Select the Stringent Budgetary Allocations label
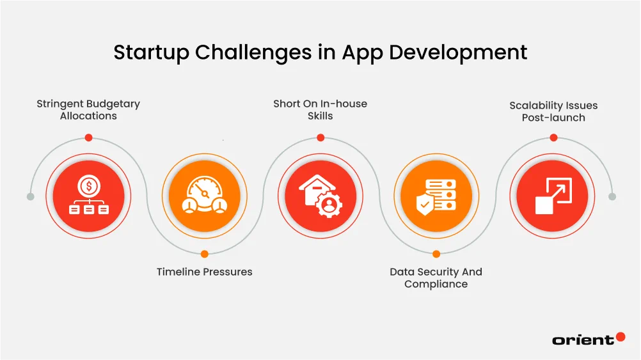pyautogui.click(x=88, y=109)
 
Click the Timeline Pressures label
pyautogui.click(x=205, y=272)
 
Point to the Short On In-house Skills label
pyautogui.click(x=320, y=109)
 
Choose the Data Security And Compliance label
pyautogui.click(x=436, y=278)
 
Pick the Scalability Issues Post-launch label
pyautogui.click(x=553, y=111)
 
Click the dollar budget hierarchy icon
pyautogui.click(x=89, y=195)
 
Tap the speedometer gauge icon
pyautogui.click(x=205, y=195)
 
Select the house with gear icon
pyautogui.click(x=320, y=195)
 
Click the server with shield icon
pyautogui.click(x=436, y=195)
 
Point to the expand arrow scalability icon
pyautogui.click(x=553, y=195)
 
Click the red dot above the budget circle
pyautogui.click(x=89, y=137)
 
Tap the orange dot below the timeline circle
pyautogui.click(x=205, y=254)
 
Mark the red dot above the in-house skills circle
pyautogui.click(x=320, y=137)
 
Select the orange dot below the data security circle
pyautogui.click(x=436, y=254)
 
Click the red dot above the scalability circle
pyautogui.click(x=553, y=137)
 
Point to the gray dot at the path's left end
pyautogui.click(x=30, y=196)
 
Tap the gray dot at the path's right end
pyautogui.click(x=612, y=196)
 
